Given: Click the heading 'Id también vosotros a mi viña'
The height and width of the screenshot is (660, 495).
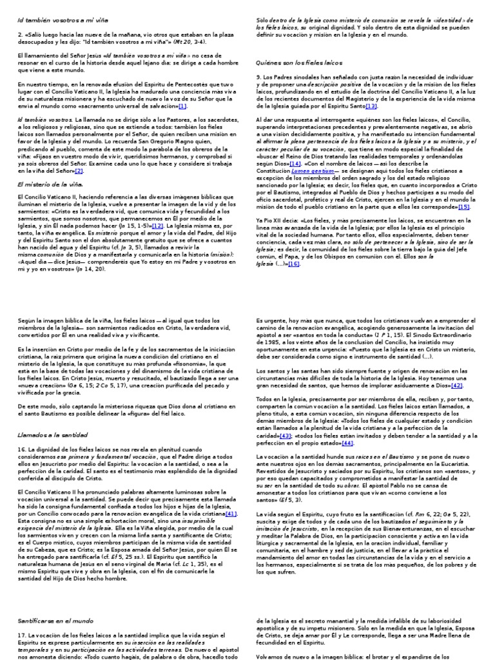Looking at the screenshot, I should tap(62, 20).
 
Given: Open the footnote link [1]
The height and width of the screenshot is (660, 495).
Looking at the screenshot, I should tap(182, 106).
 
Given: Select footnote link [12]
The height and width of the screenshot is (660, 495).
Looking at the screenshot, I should tap(158, 226).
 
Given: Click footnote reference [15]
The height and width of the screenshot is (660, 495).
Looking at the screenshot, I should tap(463, 207).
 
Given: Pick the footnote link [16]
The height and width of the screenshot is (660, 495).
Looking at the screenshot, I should tap(294, 264).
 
